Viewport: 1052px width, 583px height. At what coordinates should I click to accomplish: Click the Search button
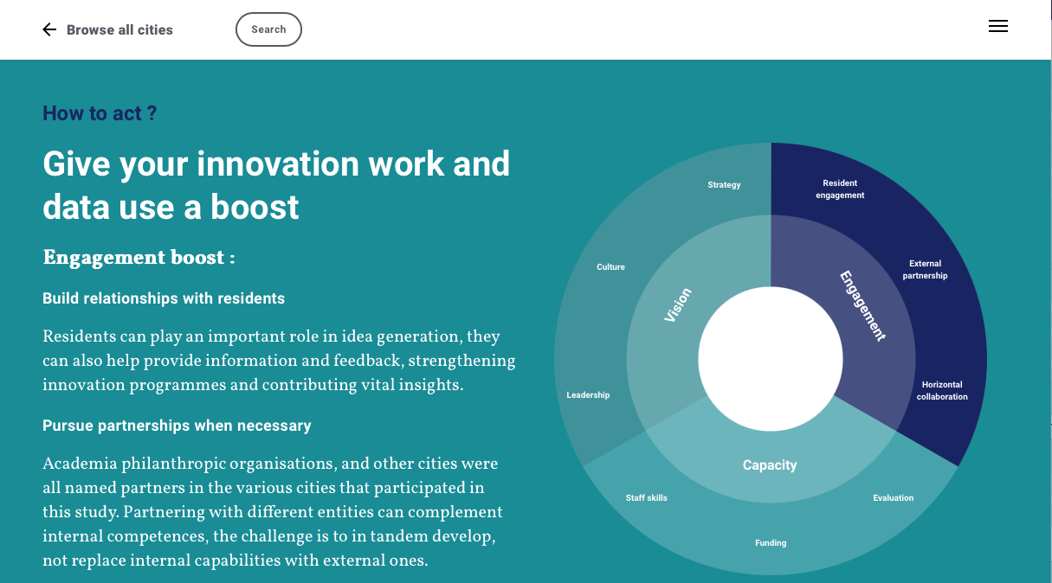click(x=268, y=29)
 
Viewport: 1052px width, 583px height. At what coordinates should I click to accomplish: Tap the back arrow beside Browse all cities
click(x=49, y=29)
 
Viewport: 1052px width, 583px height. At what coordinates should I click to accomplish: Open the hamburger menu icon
click(x=998, y=26)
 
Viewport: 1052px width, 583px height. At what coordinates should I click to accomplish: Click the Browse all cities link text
click(x=119, y=30)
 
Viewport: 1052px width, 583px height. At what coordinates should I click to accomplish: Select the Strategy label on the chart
click(x=724, y=185)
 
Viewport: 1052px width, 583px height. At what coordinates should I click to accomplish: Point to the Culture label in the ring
click(x=610, y=267)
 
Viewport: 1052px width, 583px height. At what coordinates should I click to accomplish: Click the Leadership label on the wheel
click(x=588, y=395)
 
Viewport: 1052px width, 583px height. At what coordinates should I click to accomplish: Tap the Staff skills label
click(x=646, y=497)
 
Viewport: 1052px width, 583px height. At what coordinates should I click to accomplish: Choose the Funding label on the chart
click(x=771, y=542)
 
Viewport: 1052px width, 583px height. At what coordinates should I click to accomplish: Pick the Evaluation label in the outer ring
click(x=894, y=497)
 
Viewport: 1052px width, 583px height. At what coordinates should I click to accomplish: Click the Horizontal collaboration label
click(x=942, y=390)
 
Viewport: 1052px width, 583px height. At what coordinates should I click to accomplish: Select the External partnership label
click(x=926, y=269)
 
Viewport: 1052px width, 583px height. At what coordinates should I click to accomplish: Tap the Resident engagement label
click(x=840, y=189)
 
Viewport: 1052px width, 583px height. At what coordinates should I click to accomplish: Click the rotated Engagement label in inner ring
click(x=862, y=305)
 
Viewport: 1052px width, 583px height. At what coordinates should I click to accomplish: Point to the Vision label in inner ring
click(x=678, y=304)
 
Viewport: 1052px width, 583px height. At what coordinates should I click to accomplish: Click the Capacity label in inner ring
click(x=770, y=464)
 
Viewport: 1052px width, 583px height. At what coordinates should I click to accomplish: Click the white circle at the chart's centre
click(x=771, y=359)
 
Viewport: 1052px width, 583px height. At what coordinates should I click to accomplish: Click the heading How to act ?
click(x=100, y=113)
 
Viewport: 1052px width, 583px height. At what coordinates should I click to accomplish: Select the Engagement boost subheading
click(x=139, y=258)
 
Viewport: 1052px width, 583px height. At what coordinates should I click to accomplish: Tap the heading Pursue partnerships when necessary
click(x=177, y=426)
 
